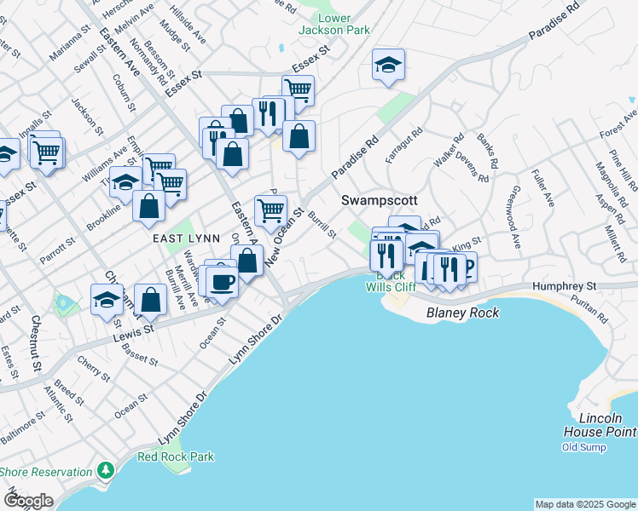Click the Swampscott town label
[380, 200]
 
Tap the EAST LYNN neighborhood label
[183, 240]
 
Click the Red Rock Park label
[177, 456]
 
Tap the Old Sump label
[583, 447]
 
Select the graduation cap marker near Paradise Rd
[388, 66]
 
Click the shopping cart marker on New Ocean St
[271, 209]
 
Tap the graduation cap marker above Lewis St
[107, 300]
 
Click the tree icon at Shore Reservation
[105, 470]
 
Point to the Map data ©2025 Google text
[584, 504]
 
